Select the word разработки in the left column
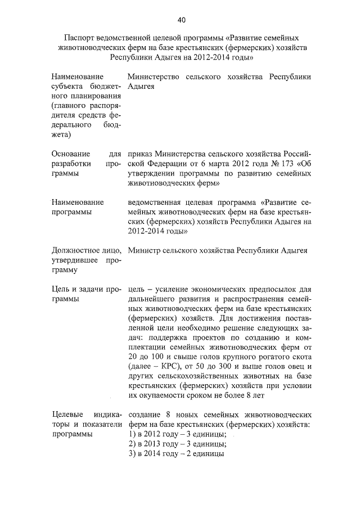point(73,163)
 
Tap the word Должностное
point(76,250)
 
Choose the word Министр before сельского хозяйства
point(145,250)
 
